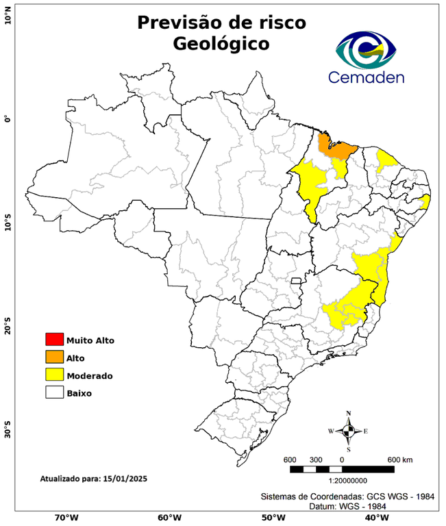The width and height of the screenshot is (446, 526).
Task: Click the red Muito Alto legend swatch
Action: click(53, 339)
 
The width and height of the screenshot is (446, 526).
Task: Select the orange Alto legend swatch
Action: click(53, 357)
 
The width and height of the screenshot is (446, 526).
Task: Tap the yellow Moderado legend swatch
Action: click(53, 375)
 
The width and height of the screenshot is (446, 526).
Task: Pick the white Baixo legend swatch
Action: click(53, 392)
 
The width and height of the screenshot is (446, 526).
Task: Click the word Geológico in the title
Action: click(221, 44)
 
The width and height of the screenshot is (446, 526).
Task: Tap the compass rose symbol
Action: click(348, 431)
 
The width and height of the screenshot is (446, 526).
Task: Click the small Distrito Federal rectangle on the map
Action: click(297, 281)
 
